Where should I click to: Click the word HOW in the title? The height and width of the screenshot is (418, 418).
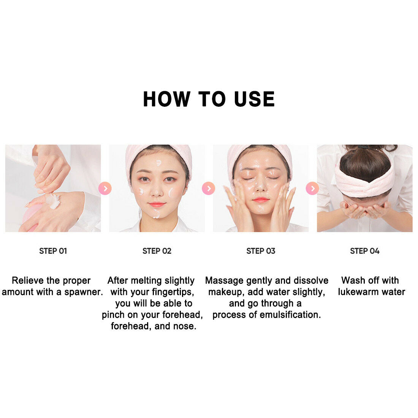(x=166, y=99)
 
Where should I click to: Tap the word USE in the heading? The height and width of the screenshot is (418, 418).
(x=254, y=99)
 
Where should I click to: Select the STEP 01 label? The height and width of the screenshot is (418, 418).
(x=53, y=251)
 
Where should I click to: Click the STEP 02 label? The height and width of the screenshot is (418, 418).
(x=157, y=251)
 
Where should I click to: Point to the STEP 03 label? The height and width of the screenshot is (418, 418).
(x=261, y=251)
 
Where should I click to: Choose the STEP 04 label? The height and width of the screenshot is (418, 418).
(x=365, y=251)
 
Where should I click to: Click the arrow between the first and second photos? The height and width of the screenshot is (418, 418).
(x=105, y=188)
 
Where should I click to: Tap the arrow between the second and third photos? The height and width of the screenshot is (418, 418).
(x=209, y=188)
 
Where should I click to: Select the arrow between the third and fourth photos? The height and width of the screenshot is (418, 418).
(x=312, y=188)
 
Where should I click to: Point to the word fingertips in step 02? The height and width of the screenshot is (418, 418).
(x=173, y=292)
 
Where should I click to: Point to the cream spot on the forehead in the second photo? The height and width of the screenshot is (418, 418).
(x=158, y=163)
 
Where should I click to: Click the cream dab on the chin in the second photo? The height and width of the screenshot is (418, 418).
(x=157, y=214)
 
